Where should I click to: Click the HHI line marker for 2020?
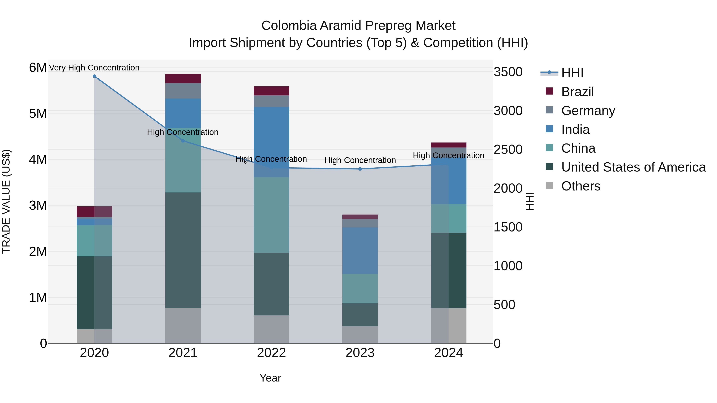[94, 76]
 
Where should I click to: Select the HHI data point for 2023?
[360, 169]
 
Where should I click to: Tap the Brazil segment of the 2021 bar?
[183, 78]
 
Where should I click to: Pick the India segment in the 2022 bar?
[271, 142]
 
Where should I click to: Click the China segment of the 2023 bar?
[360, 288]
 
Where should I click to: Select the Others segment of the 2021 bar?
[183, 325]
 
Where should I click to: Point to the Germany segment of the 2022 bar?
[271, 101]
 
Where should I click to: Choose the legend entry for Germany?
[588, 111]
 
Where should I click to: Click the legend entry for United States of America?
[633, 167]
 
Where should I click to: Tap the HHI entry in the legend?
[572, 73]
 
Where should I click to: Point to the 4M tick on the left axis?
[38, 159]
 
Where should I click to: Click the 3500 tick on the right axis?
[508, 72]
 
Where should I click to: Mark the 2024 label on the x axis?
[448, 353]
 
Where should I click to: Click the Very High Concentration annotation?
[94, 68]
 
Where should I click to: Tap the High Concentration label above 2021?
[183, 132]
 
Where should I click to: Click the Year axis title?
[270, 378]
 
